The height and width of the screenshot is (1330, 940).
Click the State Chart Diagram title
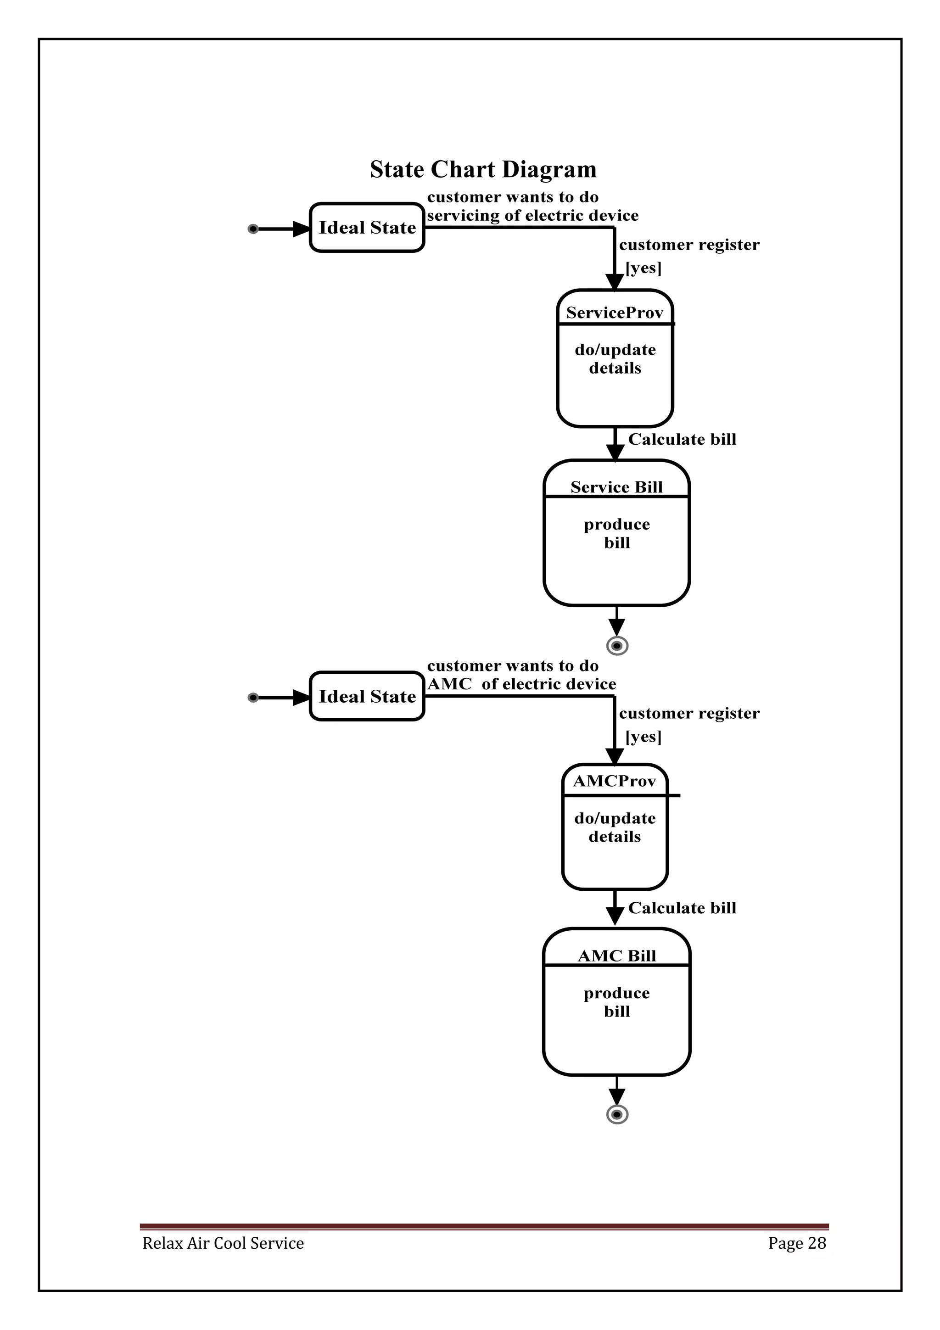[x=482, y=169]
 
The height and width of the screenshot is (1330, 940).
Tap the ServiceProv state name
[x=614, y=313]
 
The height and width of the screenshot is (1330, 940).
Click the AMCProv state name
[x=614, y=781]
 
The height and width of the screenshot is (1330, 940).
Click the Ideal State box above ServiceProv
[x=367, y=228]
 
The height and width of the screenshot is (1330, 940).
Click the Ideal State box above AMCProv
[x=367, y=696]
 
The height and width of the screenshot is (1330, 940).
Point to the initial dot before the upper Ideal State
[x=252, y=229]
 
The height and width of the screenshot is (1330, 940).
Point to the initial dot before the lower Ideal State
[x=252, y=698]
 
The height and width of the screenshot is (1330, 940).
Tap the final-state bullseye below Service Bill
[x=617, y=645]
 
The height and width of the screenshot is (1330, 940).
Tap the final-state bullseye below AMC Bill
[x=617, y=1114]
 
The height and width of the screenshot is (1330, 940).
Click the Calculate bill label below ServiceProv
[x=682, y=439]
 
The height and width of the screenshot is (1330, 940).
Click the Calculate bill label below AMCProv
[x=682, y=908]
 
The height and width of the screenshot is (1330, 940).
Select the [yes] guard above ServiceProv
[x=643, y=268]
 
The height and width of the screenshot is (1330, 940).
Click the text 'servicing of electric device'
[x=532, y=216]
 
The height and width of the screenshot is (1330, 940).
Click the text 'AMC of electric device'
[x=521, y=684]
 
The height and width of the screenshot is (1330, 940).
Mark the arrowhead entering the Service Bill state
[x=615, y=453]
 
